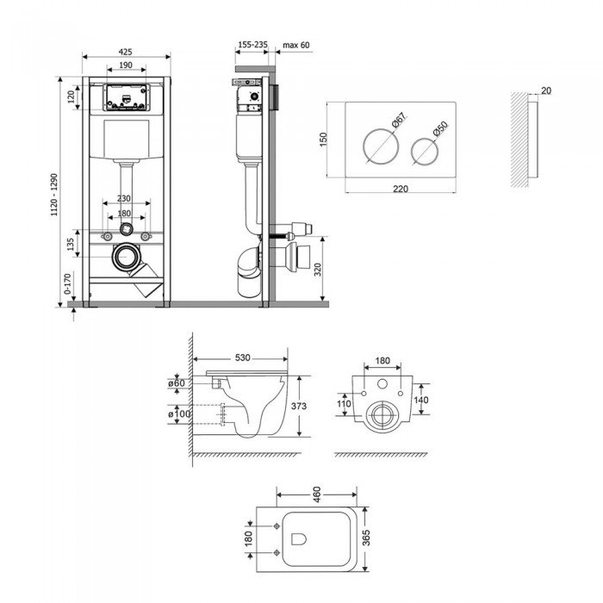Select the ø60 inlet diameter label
coord(178,382)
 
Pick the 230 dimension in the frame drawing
coord(126,197)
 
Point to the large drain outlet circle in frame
coord(127,256)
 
